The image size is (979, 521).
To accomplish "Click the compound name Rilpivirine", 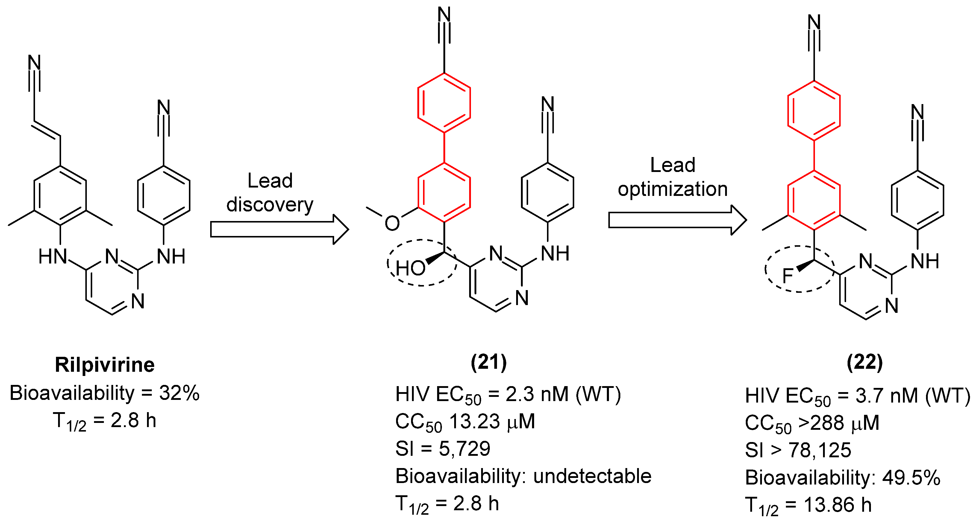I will tap(104, 365).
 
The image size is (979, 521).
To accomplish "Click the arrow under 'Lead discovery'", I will tap(279, 229).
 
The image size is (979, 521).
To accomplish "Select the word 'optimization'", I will tap(672, 189).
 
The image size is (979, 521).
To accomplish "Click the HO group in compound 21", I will tap(410, 268).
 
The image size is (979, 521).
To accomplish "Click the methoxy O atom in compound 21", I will tap(392, 223).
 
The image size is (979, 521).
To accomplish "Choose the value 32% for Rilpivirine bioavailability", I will tap(179, 393).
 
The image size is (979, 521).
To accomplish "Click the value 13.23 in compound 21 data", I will tap(474, 421).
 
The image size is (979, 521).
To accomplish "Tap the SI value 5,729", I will tap(464, 449).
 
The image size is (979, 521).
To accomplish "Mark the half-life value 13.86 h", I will tap(838, 505).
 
